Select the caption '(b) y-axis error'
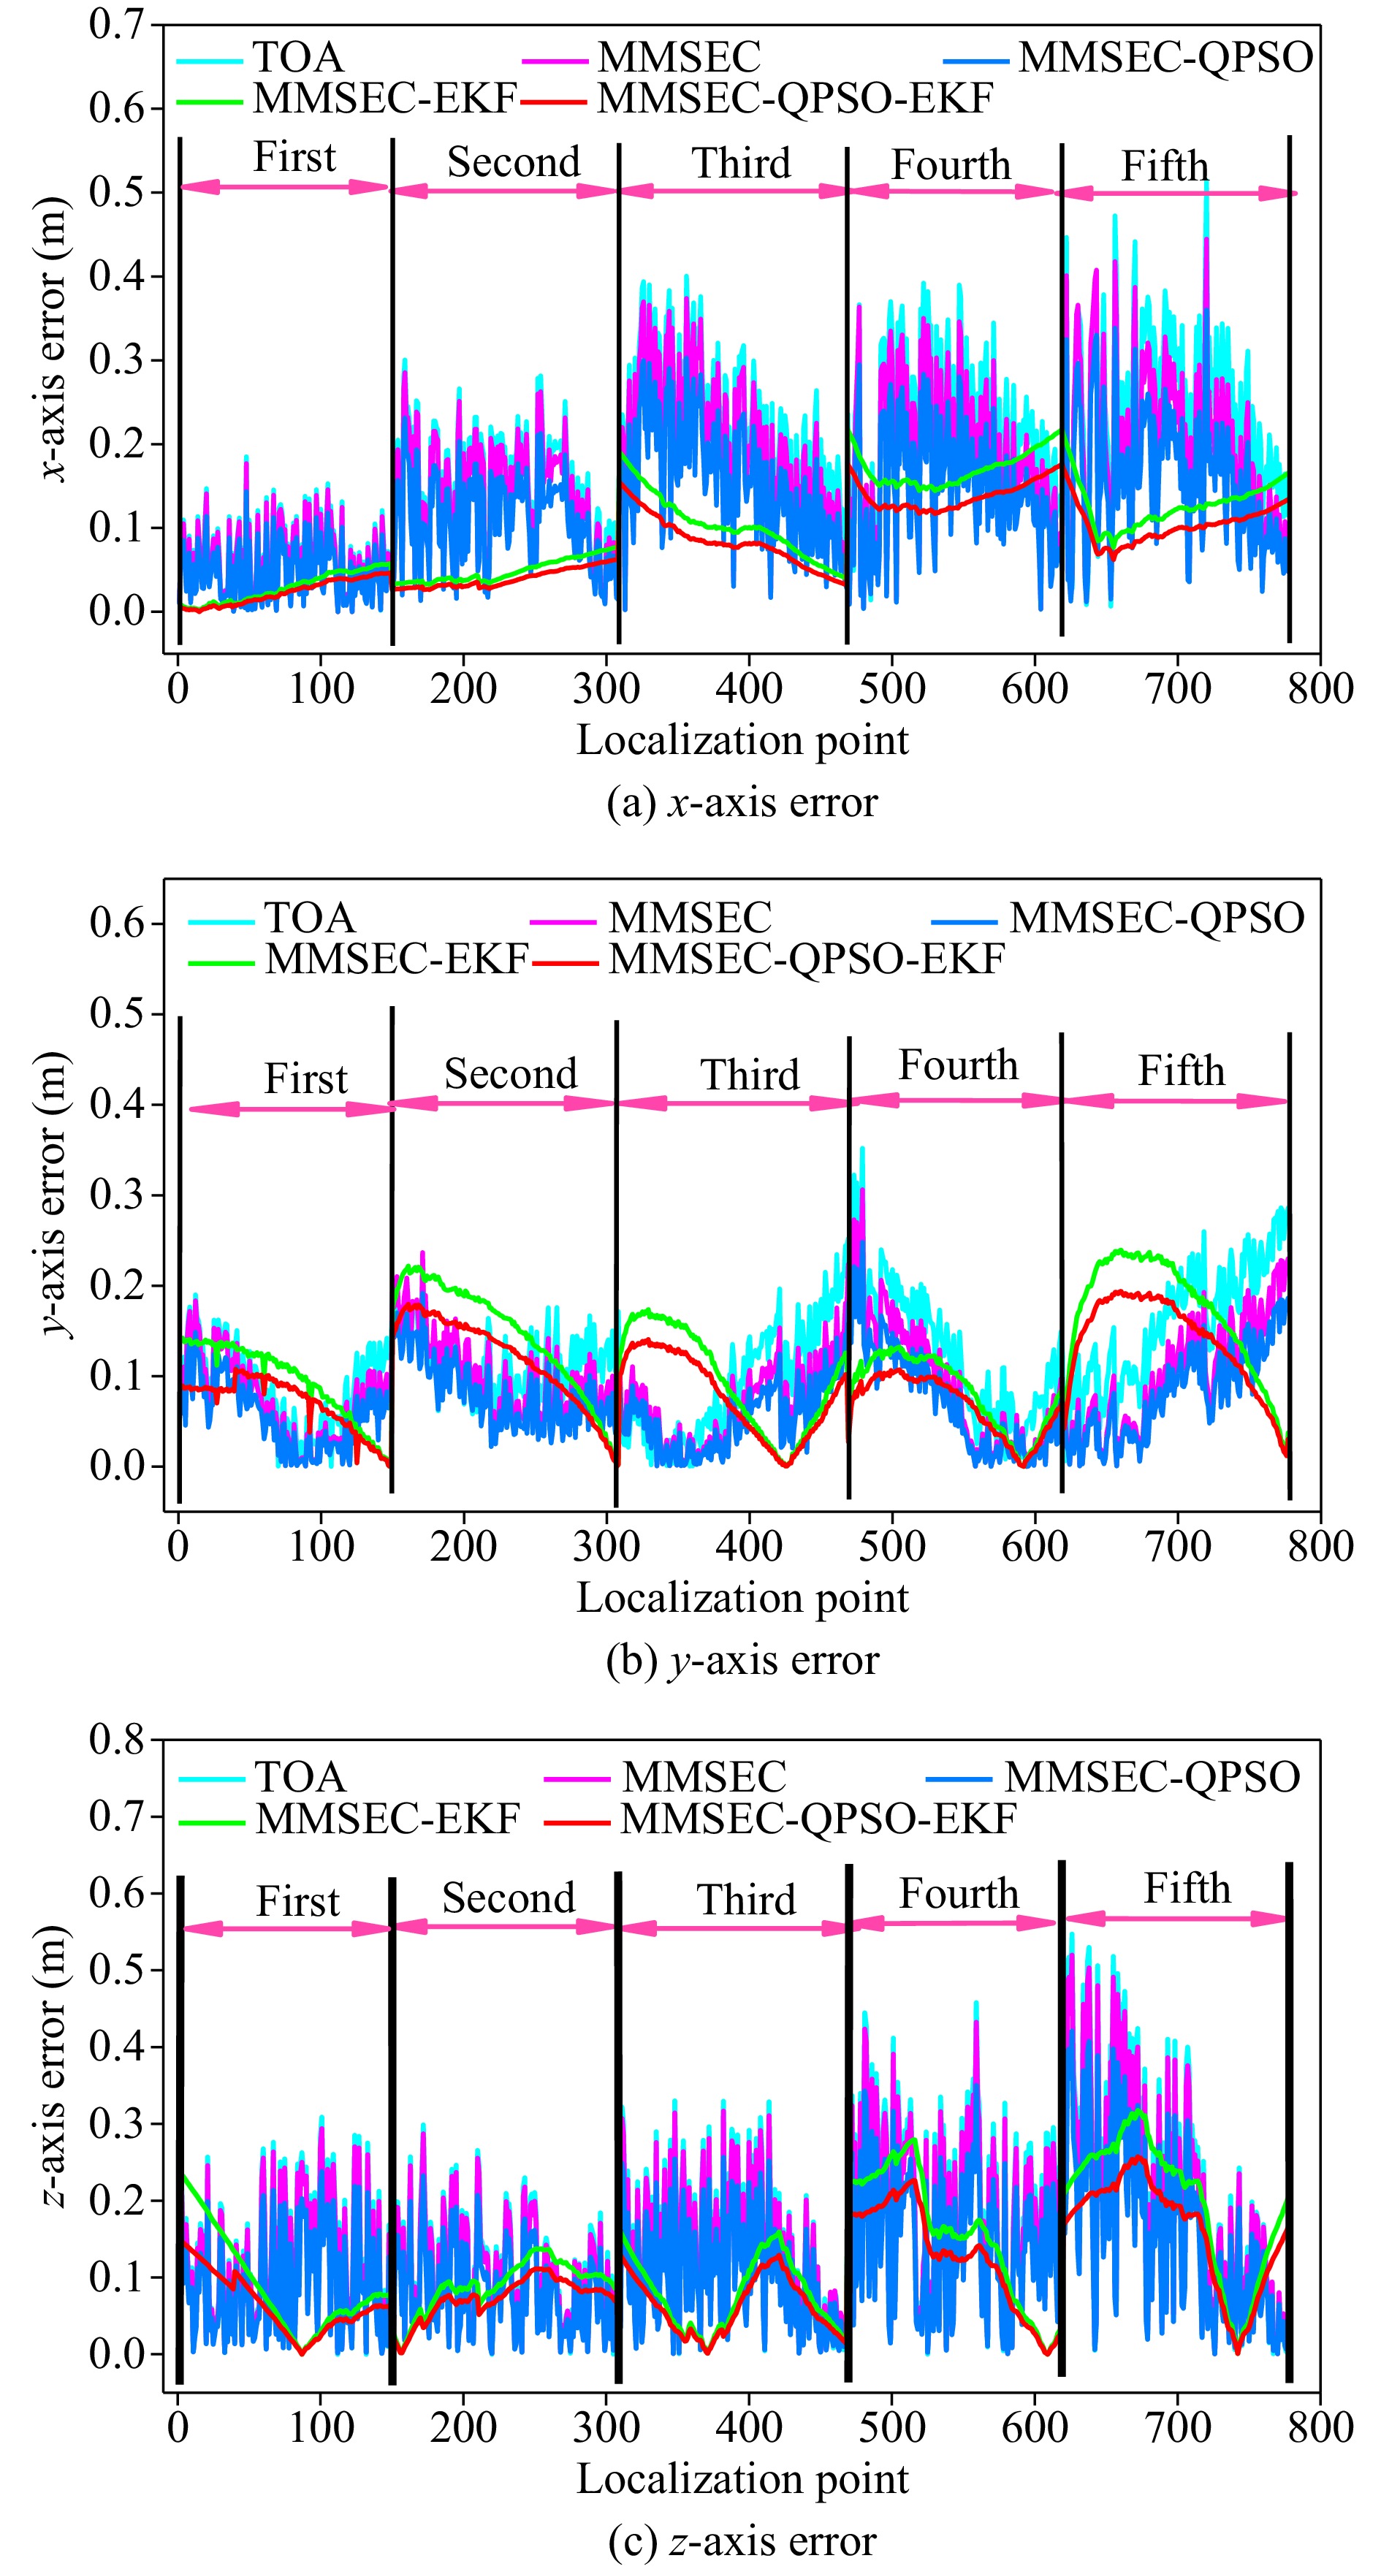click(x=742, y=1661)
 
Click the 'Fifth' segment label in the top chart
click(x=1165, y=166)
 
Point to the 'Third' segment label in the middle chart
click(x=750, y=1075)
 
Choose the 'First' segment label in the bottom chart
click(x=298, y=1901)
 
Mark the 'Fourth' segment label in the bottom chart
click(x=959, y=1893)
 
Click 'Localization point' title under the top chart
click(x=742, y=740)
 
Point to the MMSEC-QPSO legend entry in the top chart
click(x=1165, y=58)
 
